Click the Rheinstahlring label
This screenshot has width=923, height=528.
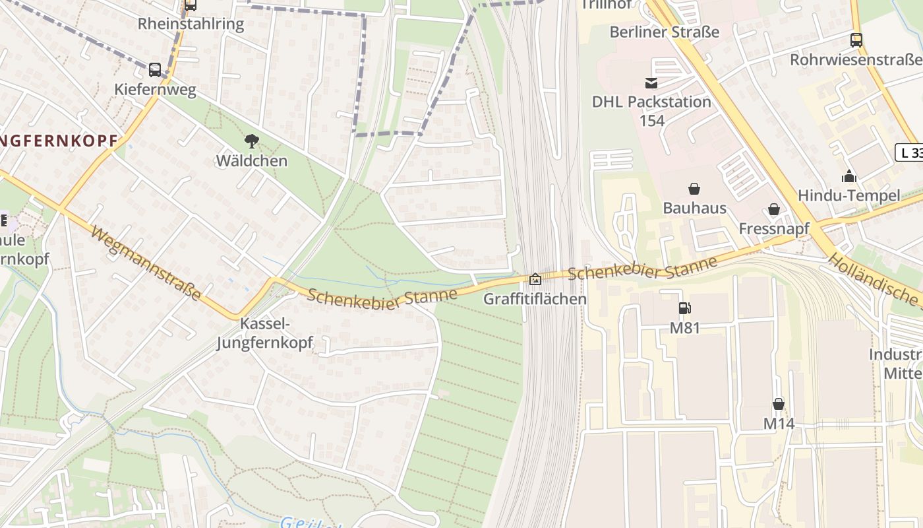click(191, 24)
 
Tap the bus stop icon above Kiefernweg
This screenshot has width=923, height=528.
click(155, 69)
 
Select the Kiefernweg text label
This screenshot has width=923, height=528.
click(155, 90)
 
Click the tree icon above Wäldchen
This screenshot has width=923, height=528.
click(251, 141)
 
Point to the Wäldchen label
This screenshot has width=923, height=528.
click(251, 160)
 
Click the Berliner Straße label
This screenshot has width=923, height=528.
click(664, 32)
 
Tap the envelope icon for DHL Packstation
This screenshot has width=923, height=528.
click(651, 82)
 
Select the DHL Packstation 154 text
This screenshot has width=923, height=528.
click(651, 111)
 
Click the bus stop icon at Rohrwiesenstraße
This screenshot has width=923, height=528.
click(856, 40)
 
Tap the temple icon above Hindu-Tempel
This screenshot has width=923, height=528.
click(849, 176)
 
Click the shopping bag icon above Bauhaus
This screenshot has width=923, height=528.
click(694, 189)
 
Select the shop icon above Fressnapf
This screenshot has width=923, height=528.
click(774, 209)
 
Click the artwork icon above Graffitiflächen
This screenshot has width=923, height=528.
click(535, 279)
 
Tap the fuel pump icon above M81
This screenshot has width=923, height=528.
click(684, 308)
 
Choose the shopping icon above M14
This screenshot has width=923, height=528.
click(779, 404)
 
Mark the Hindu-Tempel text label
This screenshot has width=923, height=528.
click(849, 195)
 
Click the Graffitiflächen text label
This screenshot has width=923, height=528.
click(535, 299)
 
